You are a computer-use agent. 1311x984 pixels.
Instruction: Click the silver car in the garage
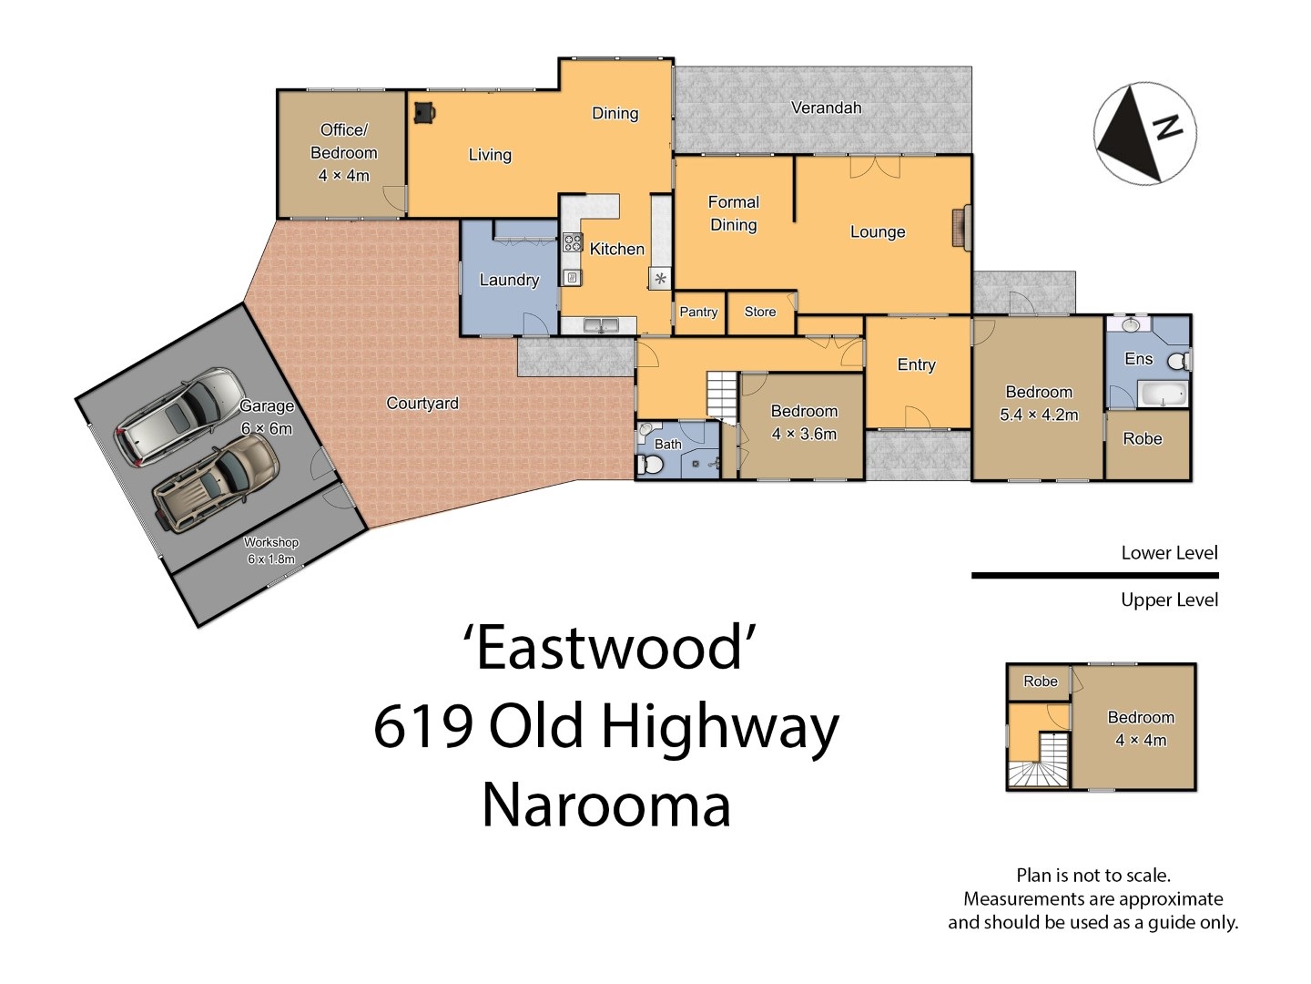[179, 415]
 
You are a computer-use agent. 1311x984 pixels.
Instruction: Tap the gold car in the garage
[215, 482]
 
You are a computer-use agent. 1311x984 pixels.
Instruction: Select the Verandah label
[826, 108]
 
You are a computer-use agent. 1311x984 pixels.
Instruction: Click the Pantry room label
[698, 312]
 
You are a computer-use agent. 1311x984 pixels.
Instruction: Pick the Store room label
[759, 312]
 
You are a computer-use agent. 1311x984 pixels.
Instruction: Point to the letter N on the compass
[1167, 127]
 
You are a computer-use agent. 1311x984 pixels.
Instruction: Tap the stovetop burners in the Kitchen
[572, 242]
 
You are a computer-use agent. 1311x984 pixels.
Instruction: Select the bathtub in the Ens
[1163, 394]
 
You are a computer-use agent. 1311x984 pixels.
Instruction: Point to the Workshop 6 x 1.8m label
[271, 550]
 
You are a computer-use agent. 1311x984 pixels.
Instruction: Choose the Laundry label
[509, 280]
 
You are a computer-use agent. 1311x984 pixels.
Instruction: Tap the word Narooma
[606, 805]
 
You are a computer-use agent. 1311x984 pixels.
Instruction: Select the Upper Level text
[1169, 600]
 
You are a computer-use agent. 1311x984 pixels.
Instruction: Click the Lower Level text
[1169, 553]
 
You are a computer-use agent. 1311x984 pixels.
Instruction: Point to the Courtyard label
[422, 404]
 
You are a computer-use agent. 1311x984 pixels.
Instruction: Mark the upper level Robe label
[1041, 682]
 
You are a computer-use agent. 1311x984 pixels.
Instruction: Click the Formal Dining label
[734, 213]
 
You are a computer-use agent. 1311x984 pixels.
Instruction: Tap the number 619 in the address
[423, 726]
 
